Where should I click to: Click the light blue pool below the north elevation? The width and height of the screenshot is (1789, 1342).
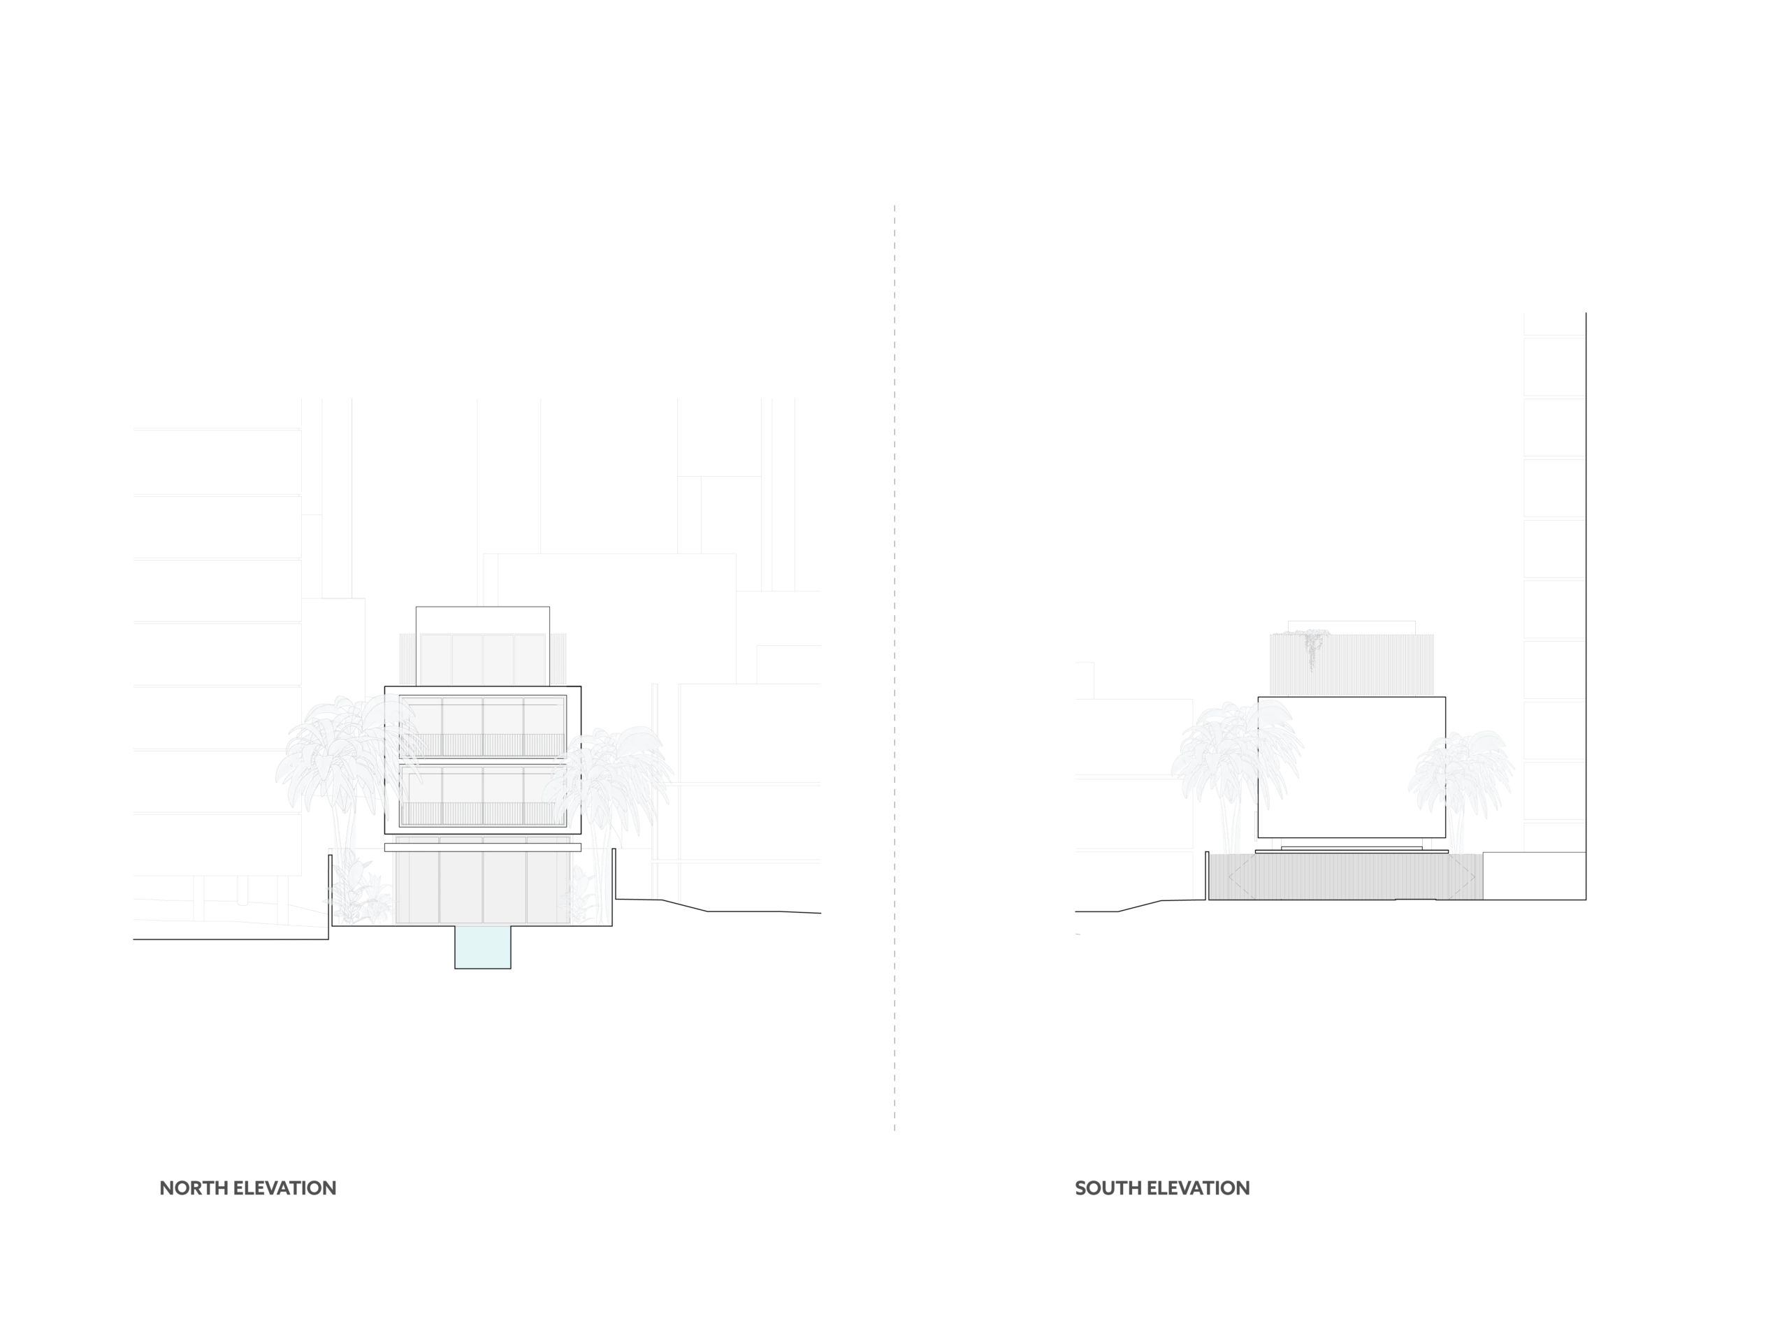(x=483, y=947)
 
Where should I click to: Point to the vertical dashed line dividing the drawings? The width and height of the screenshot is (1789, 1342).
(x=894, y=668)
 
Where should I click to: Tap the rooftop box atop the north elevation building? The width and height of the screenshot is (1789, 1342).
(x=483, y=646)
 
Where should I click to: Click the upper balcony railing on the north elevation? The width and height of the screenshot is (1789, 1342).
(x=483, y=745)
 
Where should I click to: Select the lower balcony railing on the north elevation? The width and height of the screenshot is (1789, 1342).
(x=483, y=814)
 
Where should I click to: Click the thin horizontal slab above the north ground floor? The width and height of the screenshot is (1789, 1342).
(x=483, y=847)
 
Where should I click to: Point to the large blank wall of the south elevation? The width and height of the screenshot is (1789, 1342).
(x=1352, y=767)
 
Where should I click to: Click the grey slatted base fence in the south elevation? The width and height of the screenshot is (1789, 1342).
(x=1346, y=876)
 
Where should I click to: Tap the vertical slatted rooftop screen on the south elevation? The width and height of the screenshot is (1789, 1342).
(x=1352, y=665)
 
